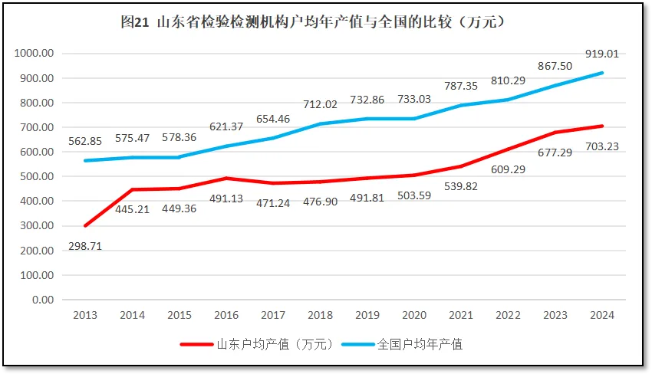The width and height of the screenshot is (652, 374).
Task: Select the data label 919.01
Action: pyautogui.click(x=601, y=54)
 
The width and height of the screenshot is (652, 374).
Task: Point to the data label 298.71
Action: pyautogui.click(x=85, y=246)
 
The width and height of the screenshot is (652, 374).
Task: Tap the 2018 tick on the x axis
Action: pyautogui.click(x=320, y=314)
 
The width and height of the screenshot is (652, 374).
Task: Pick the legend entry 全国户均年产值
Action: pyautogui.click(x=420, y=344)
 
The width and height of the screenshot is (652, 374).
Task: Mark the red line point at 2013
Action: pyautogui.click(x=85, y=226)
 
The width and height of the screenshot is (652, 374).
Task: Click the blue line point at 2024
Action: pyautogui.click(x=602, y=73)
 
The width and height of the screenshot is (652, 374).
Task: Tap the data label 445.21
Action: pyautogui.click(x=132, y=208)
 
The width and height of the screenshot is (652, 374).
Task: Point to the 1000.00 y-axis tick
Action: pyautogui.click(x=32, y=54)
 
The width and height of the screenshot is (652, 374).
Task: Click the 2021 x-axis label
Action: pyautogui.click(x=461, y=314)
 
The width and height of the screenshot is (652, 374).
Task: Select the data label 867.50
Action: pyautogui.click(x=555, y=66)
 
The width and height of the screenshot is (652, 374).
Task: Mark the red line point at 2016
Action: pyautogui.click(x=226, y=179)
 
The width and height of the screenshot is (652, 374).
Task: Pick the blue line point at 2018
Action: pyautogui.click(x=320, y=124)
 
